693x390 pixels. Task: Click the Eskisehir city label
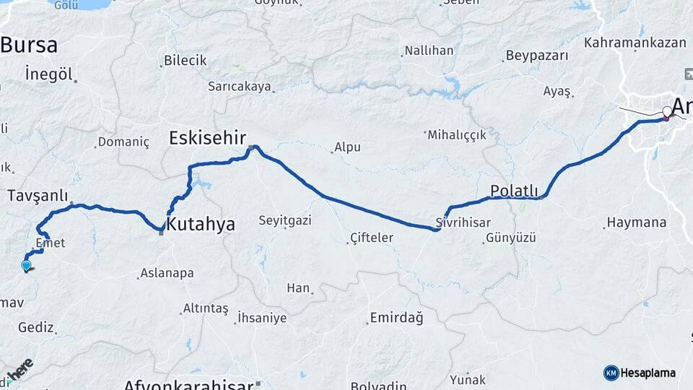tap(208, 137)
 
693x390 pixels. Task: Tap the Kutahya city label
tap(201, 225)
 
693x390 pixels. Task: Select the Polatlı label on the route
tap(514, 191)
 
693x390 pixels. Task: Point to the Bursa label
tap(29, 45)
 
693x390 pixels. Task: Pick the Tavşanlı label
tap(38, 196)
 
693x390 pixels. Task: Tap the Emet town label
tap(50, 243)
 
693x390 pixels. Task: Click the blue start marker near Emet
tap(27, 266)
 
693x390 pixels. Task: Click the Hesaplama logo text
tap(648, 373)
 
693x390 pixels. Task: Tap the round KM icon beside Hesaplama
tap(611, 373)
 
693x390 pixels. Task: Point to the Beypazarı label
tap(537, 56)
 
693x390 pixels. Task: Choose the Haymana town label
tap(637, 222)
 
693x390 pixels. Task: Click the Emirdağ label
tap(396, 318)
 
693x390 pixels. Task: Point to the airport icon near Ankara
tap(686, 74)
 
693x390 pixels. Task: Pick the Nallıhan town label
tap(429, 51)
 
